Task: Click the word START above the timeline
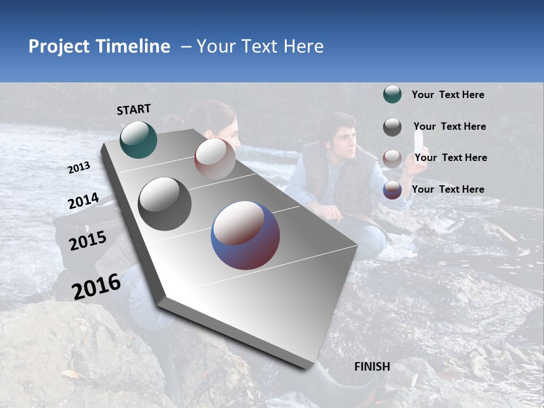134,109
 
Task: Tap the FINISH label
372,367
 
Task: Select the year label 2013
79,168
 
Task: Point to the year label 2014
83,201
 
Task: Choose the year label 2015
87,241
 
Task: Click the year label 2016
96,286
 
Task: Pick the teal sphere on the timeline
138,139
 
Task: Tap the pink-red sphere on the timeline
215,159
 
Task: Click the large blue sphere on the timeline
245,235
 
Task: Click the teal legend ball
392,94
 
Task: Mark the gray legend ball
392,126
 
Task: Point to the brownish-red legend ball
392,158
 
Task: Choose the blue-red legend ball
392,190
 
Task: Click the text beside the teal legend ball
448,95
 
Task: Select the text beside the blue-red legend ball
448,189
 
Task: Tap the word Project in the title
59,46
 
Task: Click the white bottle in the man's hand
420,147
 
